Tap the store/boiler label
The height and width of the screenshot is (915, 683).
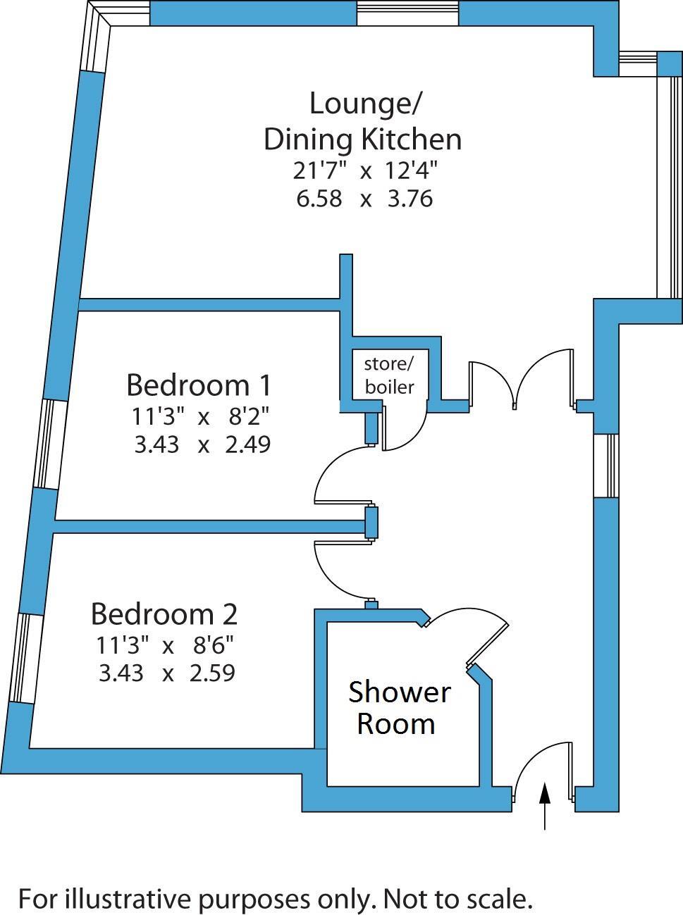tap(390, 375)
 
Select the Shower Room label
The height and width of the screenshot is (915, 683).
tap(398, 707)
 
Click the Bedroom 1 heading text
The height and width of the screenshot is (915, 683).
tap(199, 385)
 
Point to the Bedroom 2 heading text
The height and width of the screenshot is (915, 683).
tap(164, 614)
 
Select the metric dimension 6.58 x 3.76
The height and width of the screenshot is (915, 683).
tap(364, 199)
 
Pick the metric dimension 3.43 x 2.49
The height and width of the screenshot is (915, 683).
tap(202, 444)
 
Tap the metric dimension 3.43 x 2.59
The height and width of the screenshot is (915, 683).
tap(167, 673)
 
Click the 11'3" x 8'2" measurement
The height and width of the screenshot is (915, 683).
tap(200, 416)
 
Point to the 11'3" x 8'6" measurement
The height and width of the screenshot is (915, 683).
tap(165, 644)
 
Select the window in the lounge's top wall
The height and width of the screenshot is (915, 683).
tap(407, 13)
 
